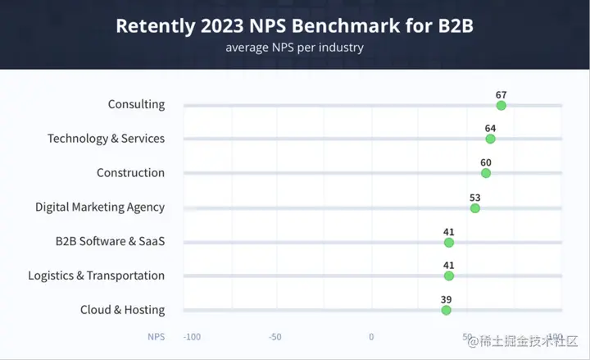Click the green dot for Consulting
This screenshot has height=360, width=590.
point(501,105)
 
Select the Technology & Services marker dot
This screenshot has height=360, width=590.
point(490,139)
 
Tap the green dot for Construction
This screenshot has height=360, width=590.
point(486,173)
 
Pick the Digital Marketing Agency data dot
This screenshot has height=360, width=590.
point(475,208)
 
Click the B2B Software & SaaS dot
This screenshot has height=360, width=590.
point(449,243)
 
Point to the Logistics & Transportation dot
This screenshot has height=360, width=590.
point(449,276)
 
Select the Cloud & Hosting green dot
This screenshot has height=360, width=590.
point(446,310)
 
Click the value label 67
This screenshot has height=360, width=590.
point(501,94)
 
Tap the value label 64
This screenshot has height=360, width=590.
point(490,128)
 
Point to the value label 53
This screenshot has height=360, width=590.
point(475,197)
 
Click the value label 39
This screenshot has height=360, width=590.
point(446,299)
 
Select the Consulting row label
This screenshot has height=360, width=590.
point(136,104)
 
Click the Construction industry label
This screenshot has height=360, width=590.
point(130,173)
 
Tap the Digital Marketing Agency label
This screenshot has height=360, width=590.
point(99,207)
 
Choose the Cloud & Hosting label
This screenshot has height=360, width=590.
point(122,310)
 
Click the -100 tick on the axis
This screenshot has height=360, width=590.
point(193,337)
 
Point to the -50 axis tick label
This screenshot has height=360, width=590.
point(275,337)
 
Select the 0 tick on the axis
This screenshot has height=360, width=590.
point(371,337)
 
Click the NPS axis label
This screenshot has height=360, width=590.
point(156,337)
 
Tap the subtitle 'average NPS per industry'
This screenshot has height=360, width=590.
point(294,48)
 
